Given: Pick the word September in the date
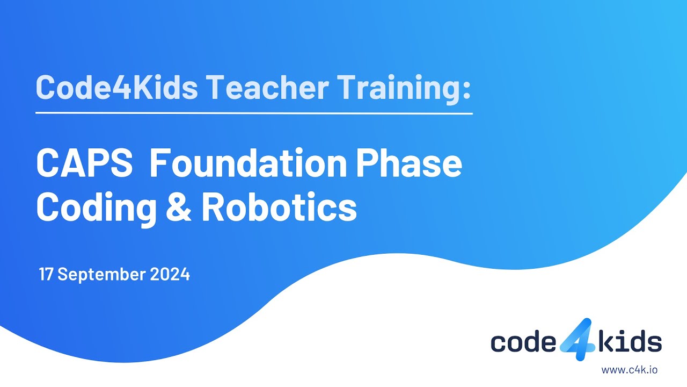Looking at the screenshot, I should (x=101, y=275).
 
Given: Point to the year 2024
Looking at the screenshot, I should (x=170, y=275).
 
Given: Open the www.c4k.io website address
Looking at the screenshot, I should (x=630, y=369).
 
